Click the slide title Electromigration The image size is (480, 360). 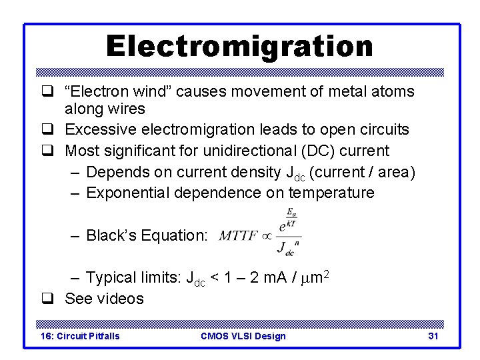pos(239,46)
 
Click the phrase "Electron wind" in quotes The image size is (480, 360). pos(116,92)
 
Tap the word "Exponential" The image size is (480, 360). pos(128,193)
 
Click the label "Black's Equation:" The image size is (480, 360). pos(147,235)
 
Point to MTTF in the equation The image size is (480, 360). pos(238,235)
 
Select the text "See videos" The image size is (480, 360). pos(104,299)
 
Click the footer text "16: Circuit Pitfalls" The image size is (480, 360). pos(80,336)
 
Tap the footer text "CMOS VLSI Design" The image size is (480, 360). pos(243,336)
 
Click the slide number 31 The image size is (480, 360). pos(433,336)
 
